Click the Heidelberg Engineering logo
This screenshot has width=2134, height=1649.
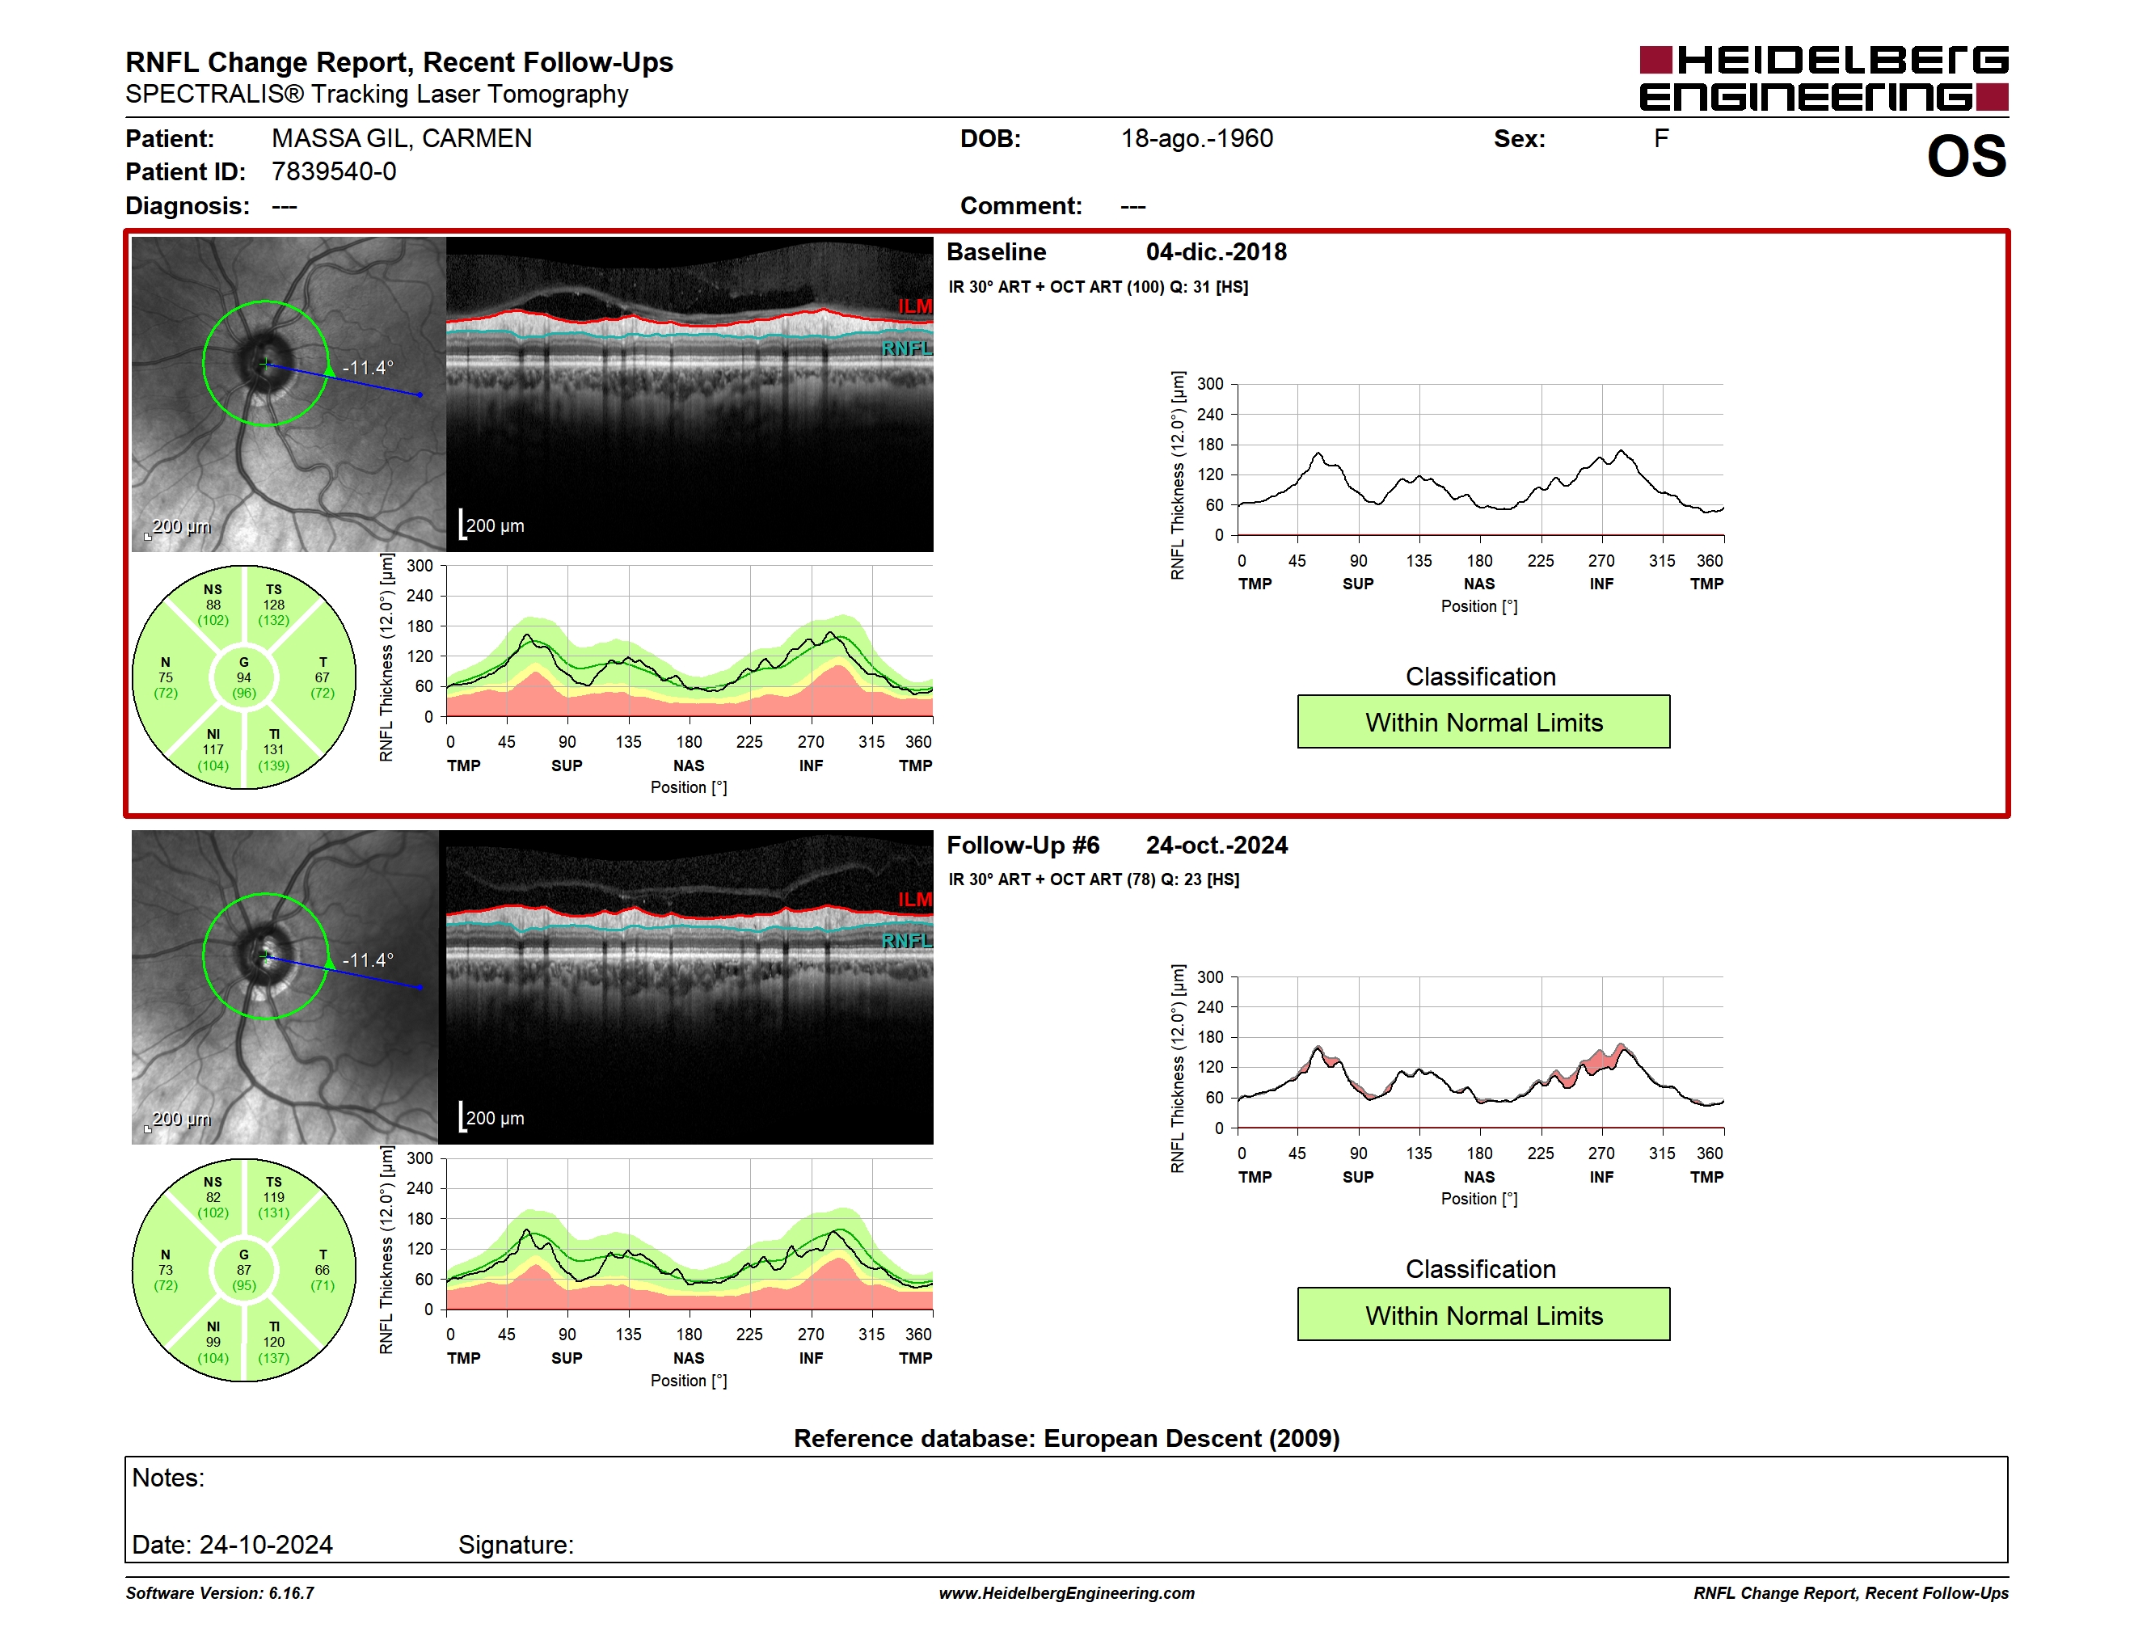point(1824,78)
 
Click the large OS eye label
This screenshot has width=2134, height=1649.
point(1966,156)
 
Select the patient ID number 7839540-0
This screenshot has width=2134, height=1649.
point(334,172)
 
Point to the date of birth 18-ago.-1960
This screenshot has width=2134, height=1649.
point(1197,139)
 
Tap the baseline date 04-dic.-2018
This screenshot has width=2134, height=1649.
point(1217,252)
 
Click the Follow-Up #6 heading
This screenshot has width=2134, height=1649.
point(1023,845)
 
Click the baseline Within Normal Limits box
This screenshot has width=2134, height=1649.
point(1483,722)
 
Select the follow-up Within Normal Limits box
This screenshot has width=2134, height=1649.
point(1483,1315)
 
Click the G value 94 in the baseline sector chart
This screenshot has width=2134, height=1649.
point(243,677)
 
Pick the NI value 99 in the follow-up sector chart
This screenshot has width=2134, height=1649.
point(213,1343)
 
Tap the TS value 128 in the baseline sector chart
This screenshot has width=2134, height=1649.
point(273,605)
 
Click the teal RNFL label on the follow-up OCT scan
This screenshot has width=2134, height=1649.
point(907,941)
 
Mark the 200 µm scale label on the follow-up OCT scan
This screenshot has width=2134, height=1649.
point(495,1118)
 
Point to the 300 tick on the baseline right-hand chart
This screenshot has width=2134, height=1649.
point(1209,384)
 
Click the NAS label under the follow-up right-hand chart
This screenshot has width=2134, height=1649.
point(1479,1177)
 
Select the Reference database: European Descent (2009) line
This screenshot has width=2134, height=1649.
point(1067,1438)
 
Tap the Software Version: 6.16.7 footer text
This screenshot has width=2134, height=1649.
point(220,1592)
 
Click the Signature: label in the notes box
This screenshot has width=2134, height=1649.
point(516,1545)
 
